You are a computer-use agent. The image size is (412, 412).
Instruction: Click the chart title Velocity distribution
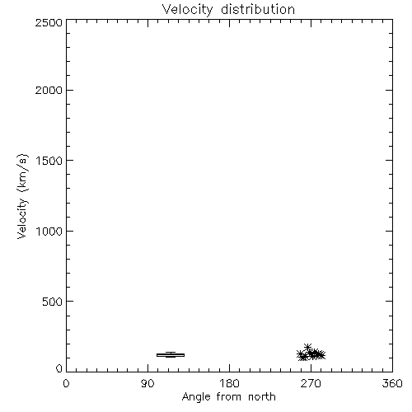point(228,10)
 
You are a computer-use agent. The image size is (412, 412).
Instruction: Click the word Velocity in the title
point(187,10)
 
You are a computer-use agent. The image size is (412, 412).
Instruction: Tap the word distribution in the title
point(258,9)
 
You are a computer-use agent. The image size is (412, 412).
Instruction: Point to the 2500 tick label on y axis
point(49,22)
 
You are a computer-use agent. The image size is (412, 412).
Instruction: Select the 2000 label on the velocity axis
point(49,90)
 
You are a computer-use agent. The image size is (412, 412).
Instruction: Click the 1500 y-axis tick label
point(49,161)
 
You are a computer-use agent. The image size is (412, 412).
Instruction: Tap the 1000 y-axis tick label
point(49,231)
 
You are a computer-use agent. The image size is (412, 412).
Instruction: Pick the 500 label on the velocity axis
point(53,302)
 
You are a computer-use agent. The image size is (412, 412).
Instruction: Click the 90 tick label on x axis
point(147,383)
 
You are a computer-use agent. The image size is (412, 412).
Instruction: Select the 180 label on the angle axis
point(229,383)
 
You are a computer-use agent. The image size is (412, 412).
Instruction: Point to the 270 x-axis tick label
point(311,383)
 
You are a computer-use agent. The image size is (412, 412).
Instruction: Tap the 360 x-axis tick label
point(392,383)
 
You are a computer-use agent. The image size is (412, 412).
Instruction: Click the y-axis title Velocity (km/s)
point(22,196)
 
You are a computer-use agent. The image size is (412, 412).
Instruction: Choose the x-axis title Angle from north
point(229,397)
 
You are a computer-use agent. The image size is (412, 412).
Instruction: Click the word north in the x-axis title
point(262,396)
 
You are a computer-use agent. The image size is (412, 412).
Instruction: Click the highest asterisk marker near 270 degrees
point(307,347)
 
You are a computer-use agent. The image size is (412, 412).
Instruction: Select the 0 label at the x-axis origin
point(66,383)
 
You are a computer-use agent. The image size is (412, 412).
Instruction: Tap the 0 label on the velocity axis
point(59,368)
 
